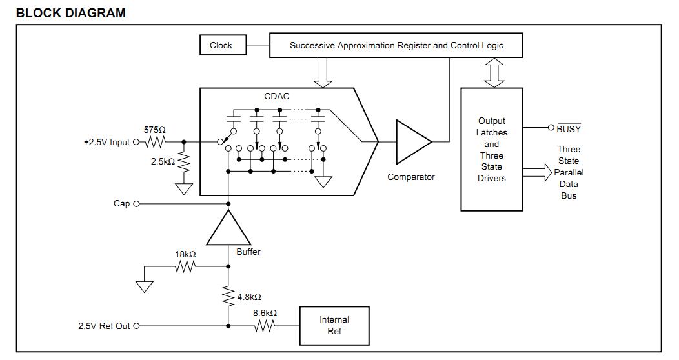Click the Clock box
221,46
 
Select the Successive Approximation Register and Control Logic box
396,46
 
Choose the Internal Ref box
334,326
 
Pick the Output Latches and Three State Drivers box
491,149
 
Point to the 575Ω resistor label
154,130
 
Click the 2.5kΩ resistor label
163,161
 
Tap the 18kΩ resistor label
185,255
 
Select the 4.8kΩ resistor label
249,297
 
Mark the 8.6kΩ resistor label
265,313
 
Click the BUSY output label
568,129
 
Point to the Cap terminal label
121,204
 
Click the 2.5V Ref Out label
103,326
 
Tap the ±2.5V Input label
106,142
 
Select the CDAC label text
277,97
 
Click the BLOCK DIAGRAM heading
70,13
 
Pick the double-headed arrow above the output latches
495,72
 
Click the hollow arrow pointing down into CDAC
322,72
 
